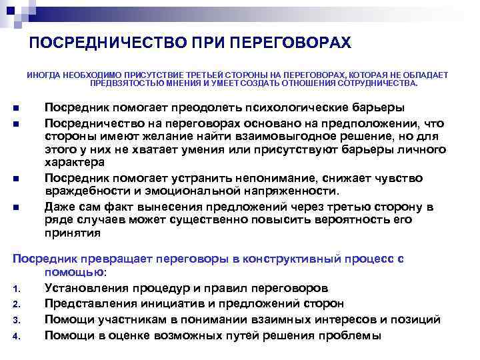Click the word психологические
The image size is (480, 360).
289,108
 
